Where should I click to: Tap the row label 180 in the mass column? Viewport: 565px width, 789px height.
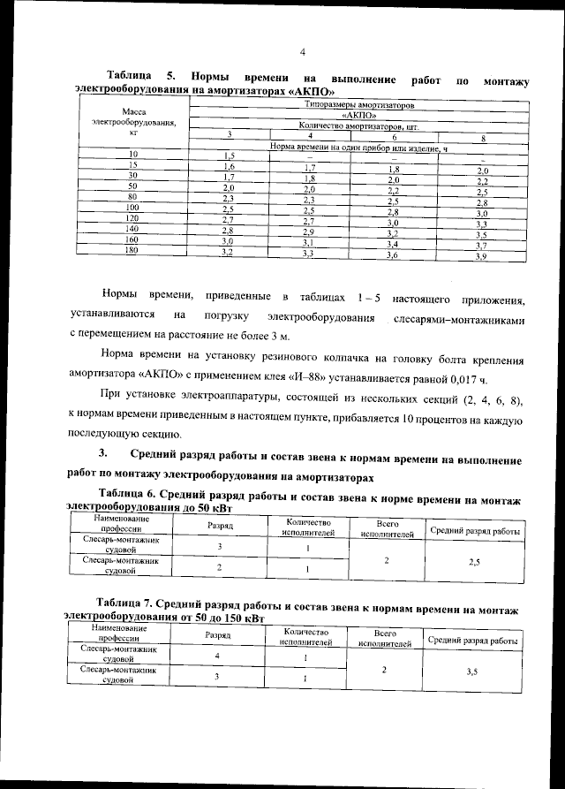tap(132, 251)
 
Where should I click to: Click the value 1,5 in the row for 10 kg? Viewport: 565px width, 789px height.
tap(226, 156)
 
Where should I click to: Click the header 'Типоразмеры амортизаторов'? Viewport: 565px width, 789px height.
tap(358, 105)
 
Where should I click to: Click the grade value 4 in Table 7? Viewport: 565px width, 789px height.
tap(217, 658)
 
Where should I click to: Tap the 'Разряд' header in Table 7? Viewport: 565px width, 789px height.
tap(217, 636)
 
